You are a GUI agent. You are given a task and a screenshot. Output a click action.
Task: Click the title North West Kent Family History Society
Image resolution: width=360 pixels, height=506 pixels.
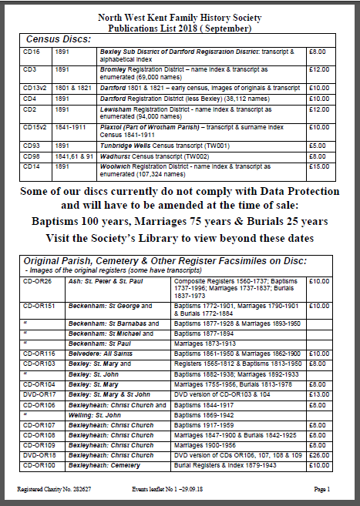pyautogui.click(x=180, y=17)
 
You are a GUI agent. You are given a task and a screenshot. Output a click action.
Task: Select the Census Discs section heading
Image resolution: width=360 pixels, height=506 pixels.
pyautogui.click(x=59, y=39)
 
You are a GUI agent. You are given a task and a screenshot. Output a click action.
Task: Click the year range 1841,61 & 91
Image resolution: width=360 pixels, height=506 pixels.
pyautogui.click(x=73, y=156)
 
